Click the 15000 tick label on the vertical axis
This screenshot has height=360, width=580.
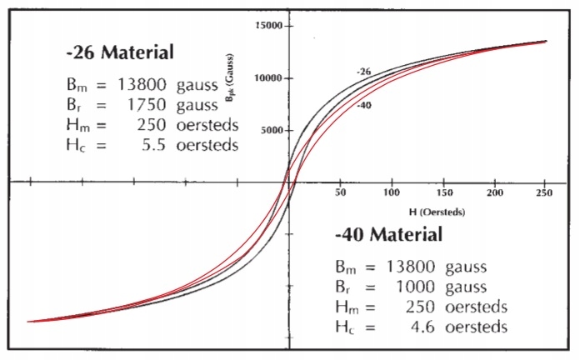pos(269,26)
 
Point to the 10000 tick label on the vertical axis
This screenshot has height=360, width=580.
pos(269,78)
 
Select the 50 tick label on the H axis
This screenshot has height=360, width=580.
pos(339,192)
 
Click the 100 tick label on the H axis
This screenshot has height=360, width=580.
pos(391,192)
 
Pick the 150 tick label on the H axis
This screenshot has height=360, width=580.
pos(442,192)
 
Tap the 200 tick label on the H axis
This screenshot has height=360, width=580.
pos(494,192)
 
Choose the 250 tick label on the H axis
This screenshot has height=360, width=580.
pos(545,192)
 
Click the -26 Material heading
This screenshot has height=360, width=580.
pos(119,53)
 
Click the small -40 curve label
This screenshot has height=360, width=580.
pos(363,105)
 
